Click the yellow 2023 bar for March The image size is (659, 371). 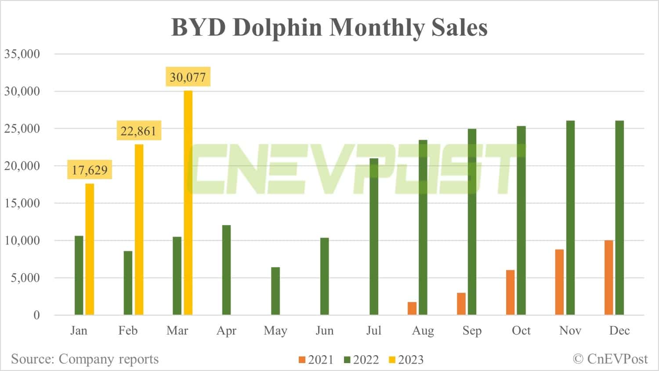tap(188, 202)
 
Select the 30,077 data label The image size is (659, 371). tap(188, 77)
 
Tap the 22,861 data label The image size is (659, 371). tap(138, 131)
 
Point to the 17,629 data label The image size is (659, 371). tap(90, 170)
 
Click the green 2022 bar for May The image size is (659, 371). tap(275, 291)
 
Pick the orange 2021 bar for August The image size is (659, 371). tap(412, 308)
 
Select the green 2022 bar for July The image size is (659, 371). tap(374, 236)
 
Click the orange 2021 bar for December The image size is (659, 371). tap(609, 277)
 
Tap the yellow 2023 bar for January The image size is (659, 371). tap(90, 249)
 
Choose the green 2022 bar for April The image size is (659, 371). tap(226, 270)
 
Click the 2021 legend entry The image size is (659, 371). tap(316, 360)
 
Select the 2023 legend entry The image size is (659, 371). tap(406, 360)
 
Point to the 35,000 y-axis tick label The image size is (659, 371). tap(22, 54)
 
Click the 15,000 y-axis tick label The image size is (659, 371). tap(22, 203)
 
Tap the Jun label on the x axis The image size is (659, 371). tap(325, 331)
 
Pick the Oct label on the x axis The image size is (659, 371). tap(521, 331)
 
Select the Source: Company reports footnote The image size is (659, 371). tap(85, 359)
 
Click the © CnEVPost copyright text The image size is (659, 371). tap(610, 359)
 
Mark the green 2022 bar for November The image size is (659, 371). tap(570, 218)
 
